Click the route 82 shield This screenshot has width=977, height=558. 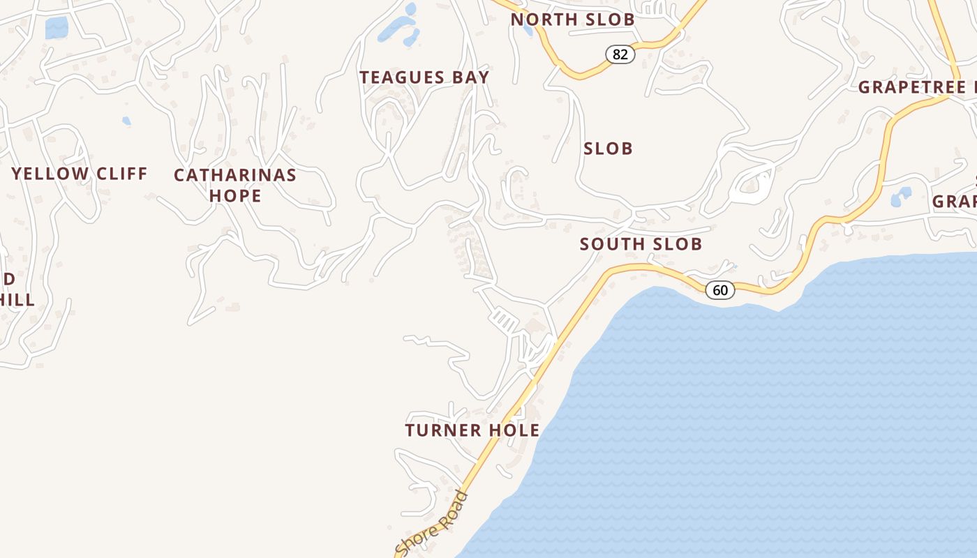click(620, 54)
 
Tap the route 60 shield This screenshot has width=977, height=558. click(720, 289)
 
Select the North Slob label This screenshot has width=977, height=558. click(572, 20)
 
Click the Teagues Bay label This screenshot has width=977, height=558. click(424, 77)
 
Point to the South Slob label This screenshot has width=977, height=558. click(641, 244)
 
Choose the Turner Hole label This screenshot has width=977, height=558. click(472, 430)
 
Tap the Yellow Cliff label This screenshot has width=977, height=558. click(80, 174)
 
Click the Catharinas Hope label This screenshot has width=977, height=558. click(235, 185)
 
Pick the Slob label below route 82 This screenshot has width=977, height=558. click(608, 149)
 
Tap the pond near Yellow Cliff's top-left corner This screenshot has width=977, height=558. click(57, 28)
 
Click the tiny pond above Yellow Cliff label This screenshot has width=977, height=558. click(126, 121)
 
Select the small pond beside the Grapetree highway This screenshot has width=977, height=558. click(901, 197)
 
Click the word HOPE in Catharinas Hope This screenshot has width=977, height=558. click(235, 196)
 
